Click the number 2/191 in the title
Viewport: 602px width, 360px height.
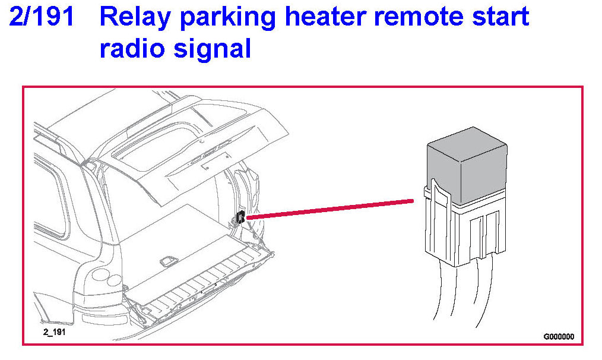(42, 17)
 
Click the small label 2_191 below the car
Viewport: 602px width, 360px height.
(54, 332)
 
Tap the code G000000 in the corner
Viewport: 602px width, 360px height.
(559, 336)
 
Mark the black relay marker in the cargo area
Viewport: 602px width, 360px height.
(240, 217)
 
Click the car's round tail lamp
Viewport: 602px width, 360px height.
(101, 276)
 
